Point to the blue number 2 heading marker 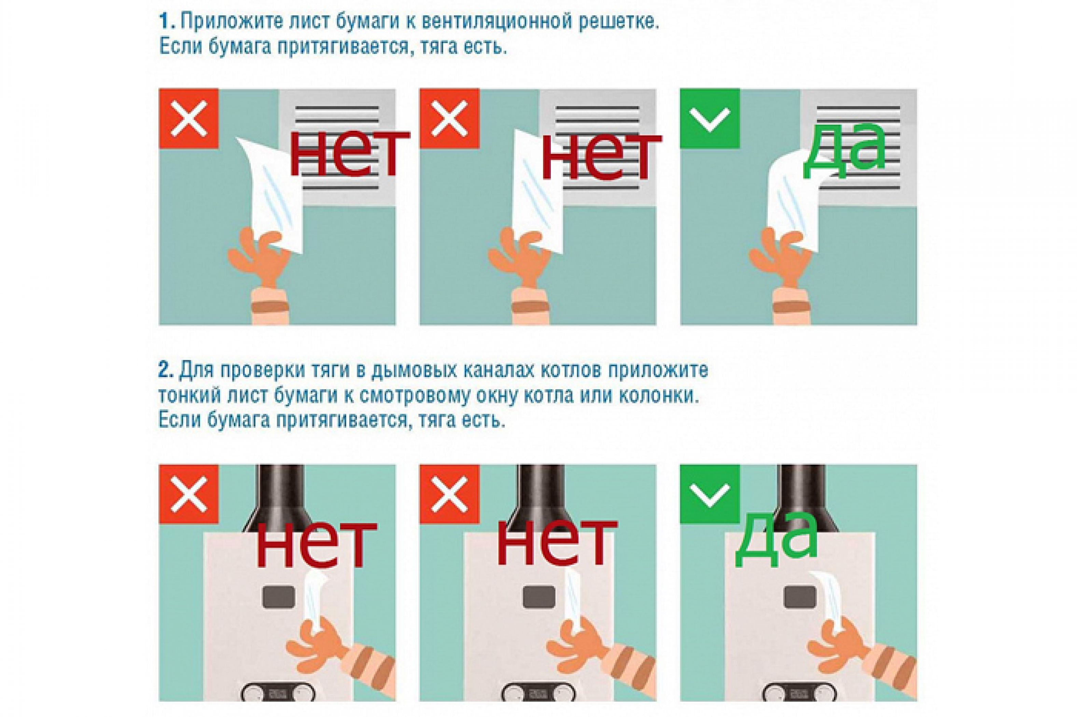point(166,370)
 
